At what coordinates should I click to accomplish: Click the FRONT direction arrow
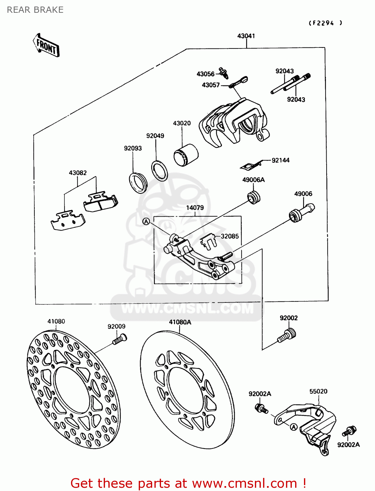coord(46,46)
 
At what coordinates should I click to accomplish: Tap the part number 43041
coord(246,36)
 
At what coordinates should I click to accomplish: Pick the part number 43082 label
coord(78,173)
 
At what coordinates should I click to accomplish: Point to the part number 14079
coord(195,208)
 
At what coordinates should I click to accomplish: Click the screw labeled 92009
coord(119,339)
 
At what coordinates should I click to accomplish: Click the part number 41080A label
coord(180,322)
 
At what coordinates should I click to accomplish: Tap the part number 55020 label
coord(318,391)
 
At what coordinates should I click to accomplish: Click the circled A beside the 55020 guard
coord(294,427)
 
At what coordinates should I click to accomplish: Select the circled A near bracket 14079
coord(146,222)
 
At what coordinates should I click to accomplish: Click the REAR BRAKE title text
coord(35,10)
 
